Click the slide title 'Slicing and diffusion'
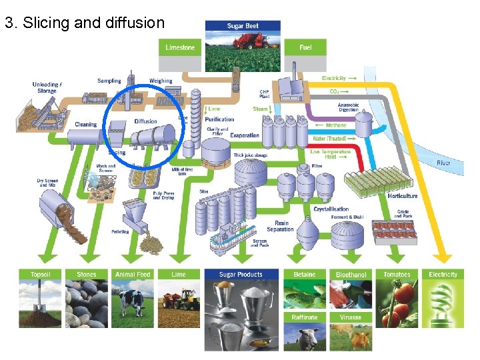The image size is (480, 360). (84, 23)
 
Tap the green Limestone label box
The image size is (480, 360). (181, 47)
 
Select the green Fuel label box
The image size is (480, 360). (305, 47)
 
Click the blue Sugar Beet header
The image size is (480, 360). (243, 26)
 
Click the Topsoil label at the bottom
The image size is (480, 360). (45, 275)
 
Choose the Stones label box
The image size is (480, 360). (87, 275)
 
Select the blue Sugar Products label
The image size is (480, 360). (241, 275)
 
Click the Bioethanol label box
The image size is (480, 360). (351, 275)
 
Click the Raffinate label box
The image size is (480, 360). (305, 317)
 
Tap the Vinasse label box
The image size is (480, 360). (351, 317)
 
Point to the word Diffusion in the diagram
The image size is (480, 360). (145, 121)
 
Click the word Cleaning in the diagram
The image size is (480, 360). (85, 125)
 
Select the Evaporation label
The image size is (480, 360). (245, 136)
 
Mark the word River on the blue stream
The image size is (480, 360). (443, 163)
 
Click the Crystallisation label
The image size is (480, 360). (331, 209)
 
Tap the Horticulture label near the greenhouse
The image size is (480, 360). (403, 196)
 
